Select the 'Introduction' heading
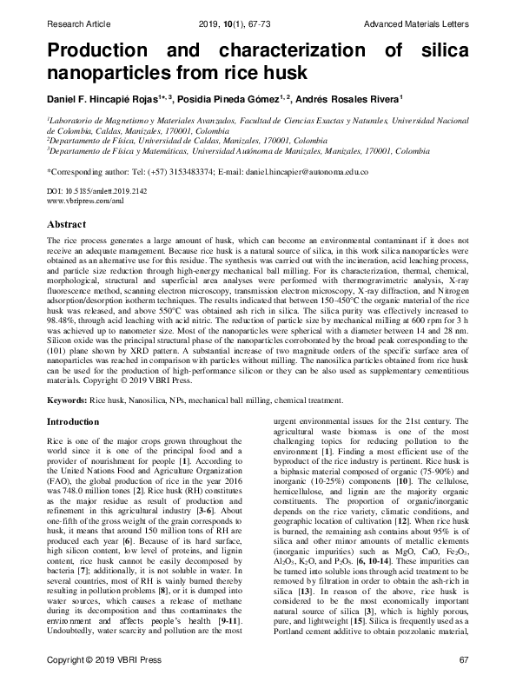coord(72,421)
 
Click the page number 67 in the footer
coord(463,664)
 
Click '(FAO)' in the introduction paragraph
coord(59,479)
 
